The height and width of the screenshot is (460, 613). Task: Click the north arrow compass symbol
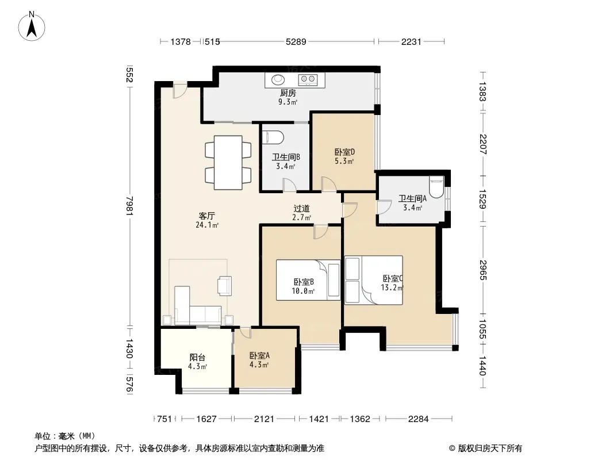click(32, 26)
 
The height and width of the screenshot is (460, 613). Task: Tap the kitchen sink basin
click(278, 80)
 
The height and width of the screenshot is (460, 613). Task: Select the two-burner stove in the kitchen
click(307, 80)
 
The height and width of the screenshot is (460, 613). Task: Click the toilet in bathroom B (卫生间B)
click(274, 137)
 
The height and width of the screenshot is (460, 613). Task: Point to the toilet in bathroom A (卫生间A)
click(436, 187)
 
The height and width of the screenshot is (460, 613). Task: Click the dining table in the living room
click(228, 163)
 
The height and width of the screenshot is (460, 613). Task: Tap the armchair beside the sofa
click(225, 285)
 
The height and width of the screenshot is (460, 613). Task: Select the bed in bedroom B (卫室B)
click(308, 280)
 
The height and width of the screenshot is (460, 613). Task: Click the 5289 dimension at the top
click(296, 41)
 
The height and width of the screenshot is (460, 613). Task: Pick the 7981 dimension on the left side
click(129, 206)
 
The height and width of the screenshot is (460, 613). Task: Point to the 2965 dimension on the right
click(482, 270)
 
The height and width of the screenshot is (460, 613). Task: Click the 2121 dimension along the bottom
click(264, 419)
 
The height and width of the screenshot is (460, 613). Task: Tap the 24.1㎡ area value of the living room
click(207, 225)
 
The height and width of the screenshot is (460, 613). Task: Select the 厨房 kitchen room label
click(288, 93)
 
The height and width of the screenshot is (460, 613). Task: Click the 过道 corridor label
click(301, 209)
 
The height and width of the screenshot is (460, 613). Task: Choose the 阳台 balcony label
click(197, 357)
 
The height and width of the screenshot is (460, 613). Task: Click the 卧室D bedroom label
click(344, 152)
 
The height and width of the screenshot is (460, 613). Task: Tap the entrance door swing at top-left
click(180, 90)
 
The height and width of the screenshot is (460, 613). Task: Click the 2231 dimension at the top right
click(411, 41)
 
